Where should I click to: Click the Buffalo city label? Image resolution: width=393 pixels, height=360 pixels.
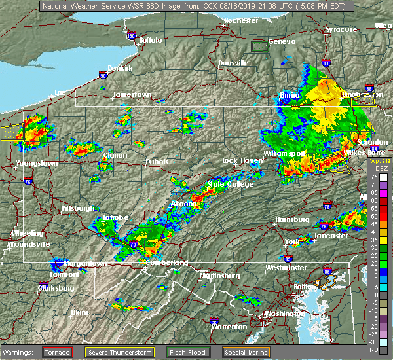click(x=150, y=41)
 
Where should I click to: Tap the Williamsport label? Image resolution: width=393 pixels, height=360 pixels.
click(x=284, y=153)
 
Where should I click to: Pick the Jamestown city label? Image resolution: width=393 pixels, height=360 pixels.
click(x=132, y=94)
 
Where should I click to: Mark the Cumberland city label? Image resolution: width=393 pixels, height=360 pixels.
click(x=166, y=262)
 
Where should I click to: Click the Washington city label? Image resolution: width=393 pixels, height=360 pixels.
click(x=293, y=314)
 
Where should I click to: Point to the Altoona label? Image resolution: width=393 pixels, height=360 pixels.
click(x=184, y=204)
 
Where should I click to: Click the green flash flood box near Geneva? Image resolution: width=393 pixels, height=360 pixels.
click(x=260, y=46)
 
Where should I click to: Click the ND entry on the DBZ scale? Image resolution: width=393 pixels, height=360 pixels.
click(x=383, y=349)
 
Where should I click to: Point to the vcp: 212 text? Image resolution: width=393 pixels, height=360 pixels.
click(x=380, y=160)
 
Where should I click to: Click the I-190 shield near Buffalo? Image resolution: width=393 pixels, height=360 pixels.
click(x=131, y=36)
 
